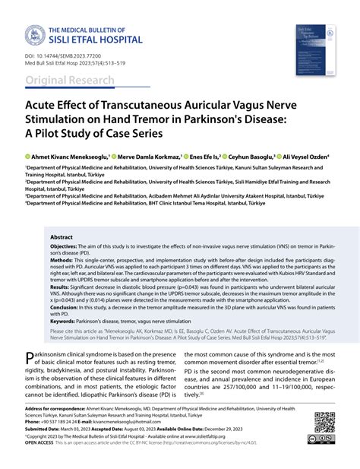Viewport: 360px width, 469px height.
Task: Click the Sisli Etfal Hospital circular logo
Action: [x=35, y=35]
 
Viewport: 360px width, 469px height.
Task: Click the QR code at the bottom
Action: [x=324, y=421]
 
